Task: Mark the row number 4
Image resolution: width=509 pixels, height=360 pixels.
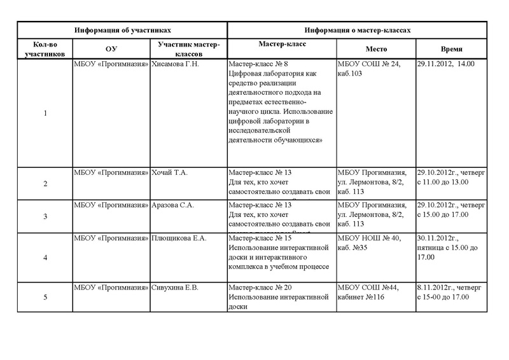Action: click(45, 258)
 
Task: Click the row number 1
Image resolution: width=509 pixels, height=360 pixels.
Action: click(45, 113)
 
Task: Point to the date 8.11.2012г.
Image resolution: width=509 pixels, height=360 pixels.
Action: click(436, 288)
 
